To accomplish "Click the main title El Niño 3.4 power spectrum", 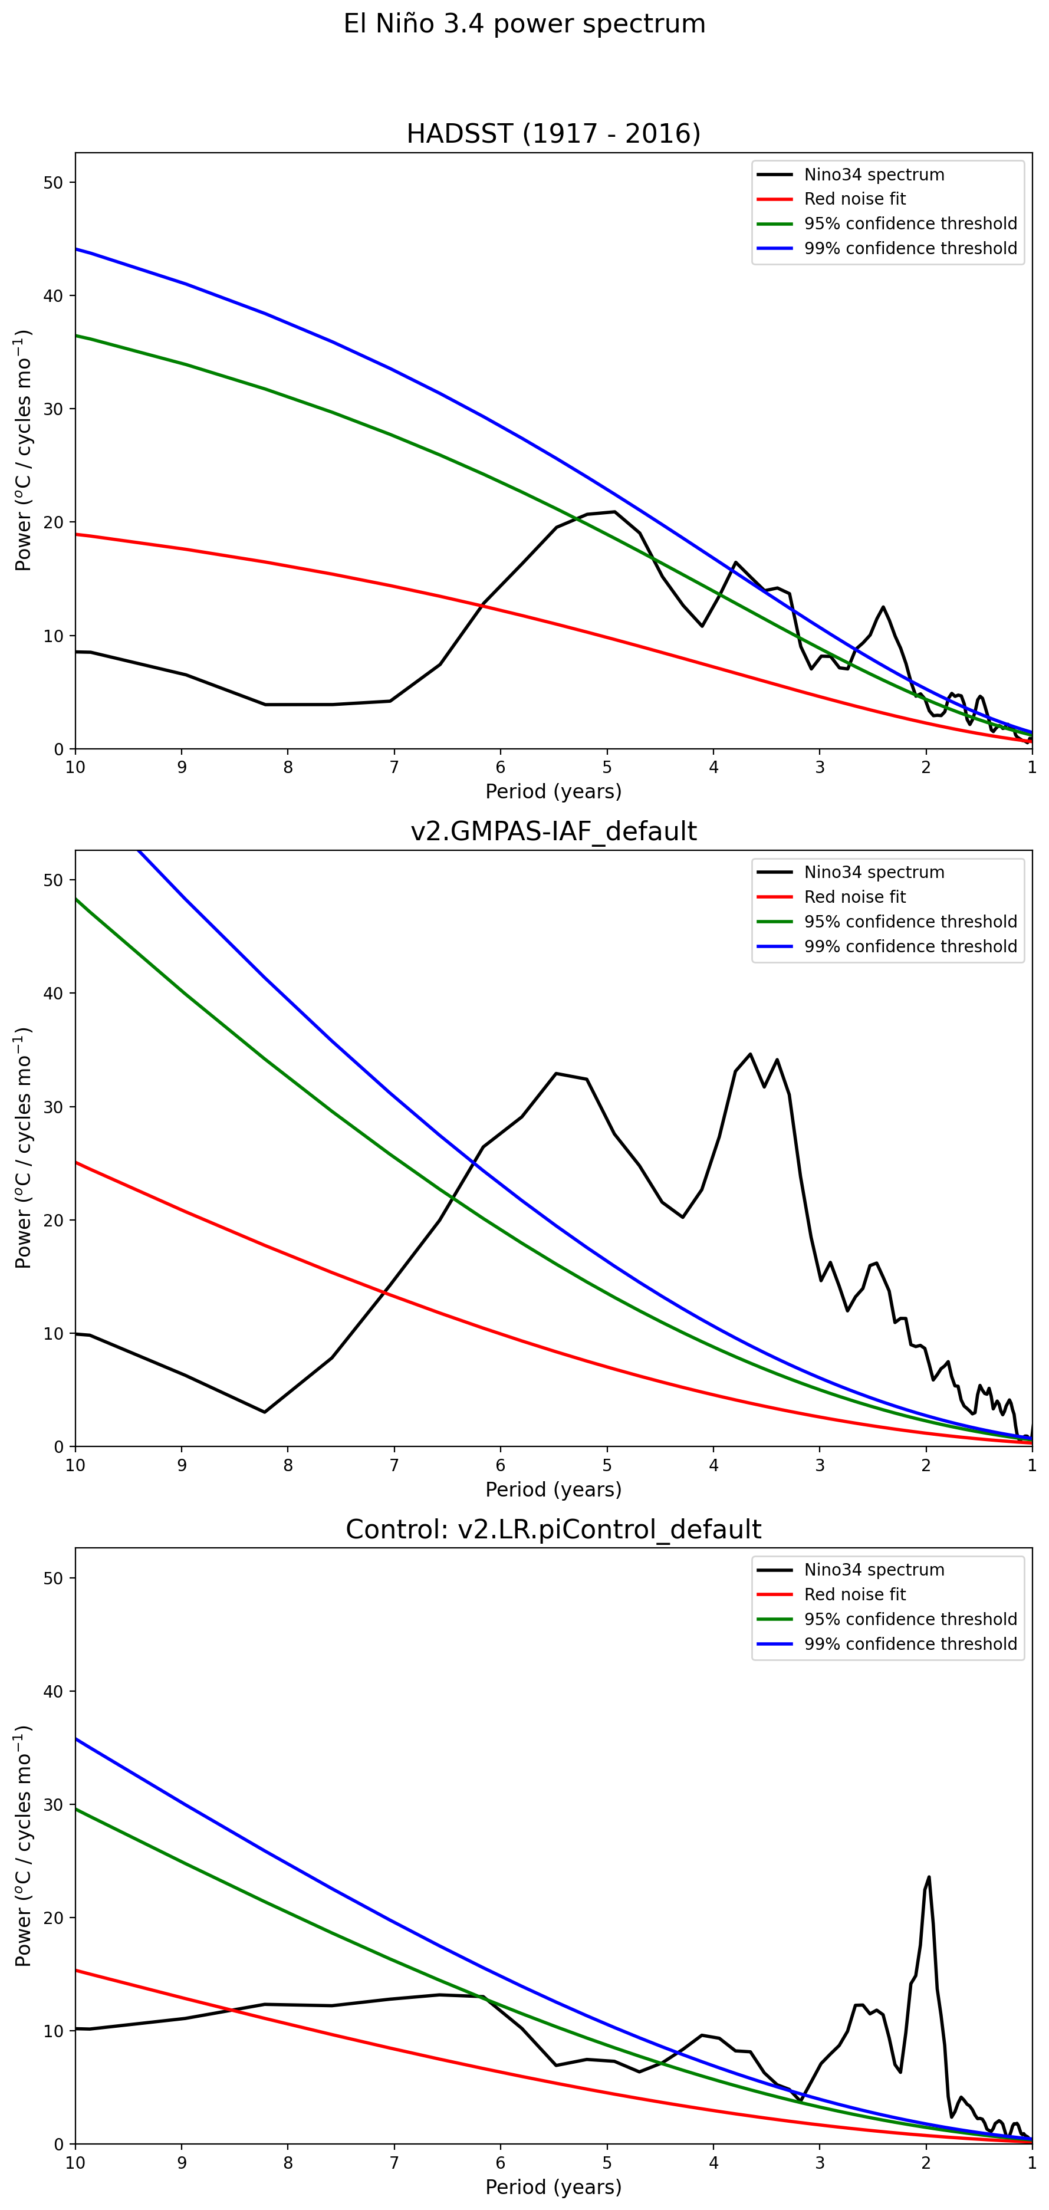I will pyautogui.click(x=524, y=24).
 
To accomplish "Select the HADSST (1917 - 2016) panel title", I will pyautogui.click(x=553, y=134).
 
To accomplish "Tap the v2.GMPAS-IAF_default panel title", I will pyautogui.click(x=553, y=831).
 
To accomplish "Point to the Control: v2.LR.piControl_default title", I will pyautogui.click(x=553, y=1529).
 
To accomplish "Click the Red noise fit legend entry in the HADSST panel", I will pyautogui.click(x=854, y=199).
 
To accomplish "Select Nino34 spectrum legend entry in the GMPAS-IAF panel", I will pyautogui.click(x=873, y=873).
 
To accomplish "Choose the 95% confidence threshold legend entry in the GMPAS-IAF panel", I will pyautogui.click(x=910, y=922).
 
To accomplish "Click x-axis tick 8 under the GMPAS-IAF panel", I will pyautogui.click(x=288, y=1465).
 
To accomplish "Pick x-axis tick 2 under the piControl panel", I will pyautogui.click(x=926, y=2162).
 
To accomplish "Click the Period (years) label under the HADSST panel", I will pyautogui.click(x=553, y=791).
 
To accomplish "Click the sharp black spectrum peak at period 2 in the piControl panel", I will pyautogui.click(x=929, y=1877).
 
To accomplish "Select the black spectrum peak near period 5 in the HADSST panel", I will pyautogui.click(x=613, y=512).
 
